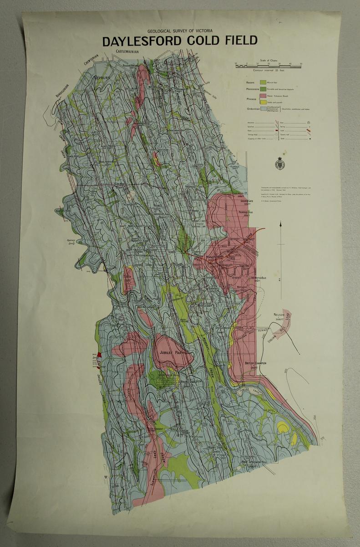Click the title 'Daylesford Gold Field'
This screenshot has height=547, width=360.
(x=180, y=41)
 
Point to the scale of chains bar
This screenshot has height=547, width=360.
(x=269, y=66)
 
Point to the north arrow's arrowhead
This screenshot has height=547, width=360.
(x=281, y=224)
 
